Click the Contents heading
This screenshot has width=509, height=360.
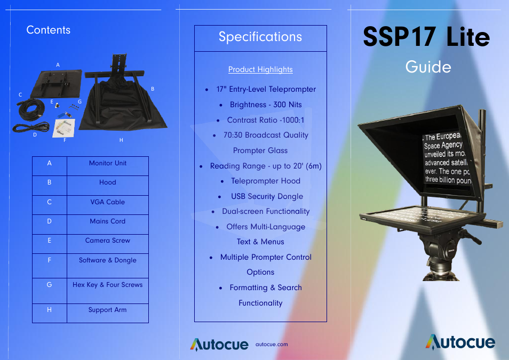49,30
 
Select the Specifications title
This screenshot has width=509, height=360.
260,37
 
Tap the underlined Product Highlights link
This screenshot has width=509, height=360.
260,69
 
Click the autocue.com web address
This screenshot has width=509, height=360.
272,345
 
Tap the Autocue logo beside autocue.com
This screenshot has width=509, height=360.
219,345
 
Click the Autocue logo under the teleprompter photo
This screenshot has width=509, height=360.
460,342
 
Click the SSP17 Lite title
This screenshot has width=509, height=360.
426,36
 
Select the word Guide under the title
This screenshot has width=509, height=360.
428,67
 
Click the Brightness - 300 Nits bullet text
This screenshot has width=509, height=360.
266,105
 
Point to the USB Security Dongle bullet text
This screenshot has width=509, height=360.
267,196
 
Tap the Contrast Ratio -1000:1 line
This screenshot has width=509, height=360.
266,120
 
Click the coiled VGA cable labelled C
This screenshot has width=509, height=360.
31,109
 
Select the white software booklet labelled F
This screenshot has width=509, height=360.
64,128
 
